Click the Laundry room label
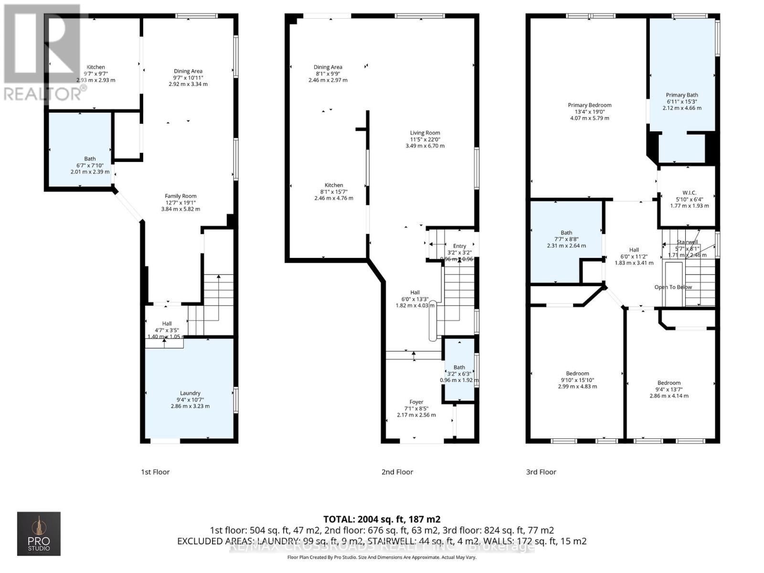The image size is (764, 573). (190, 393)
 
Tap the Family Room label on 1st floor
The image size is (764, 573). (180, 196)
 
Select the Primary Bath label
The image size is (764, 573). (682, 95)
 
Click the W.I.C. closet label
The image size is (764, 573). (690, 193)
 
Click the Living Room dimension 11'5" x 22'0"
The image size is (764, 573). (425, 139)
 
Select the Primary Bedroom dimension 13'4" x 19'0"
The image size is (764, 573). (590, 112)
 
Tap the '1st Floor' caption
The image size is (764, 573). (155, 472)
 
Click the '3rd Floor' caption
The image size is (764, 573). (541, 472)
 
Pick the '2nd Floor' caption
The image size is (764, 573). (397, 472)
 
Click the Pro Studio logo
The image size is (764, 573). (39, 533)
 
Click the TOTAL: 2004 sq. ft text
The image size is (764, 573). (382, 519)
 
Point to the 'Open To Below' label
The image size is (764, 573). (673, 287)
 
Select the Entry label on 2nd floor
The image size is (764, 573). (459, 246)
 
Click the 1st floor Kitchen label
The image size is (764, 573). (95, 67)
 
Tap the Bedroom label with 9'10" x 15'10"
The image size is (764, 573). (577, 373)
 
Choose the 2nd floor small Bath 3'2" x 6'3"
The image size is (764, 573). (459, 367)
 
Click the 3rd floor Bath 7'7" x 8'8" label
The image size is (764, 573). (566, 233)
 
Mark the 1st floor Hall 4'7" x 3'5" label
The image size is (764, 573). (167, 324)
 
